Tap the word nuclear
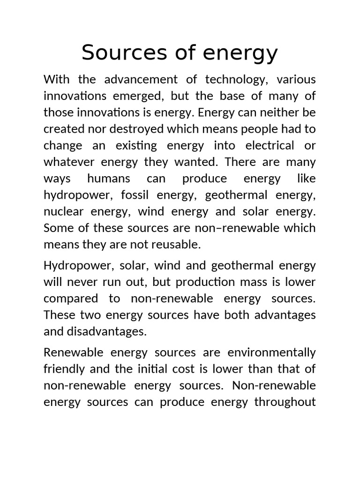pyautogui.click(x=63, y=211)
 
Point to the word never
pyautogui.click(x=83, y=282)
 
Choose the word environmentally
pyautogui.click(x=272, y=352)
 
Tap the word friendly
pyautogui.click(x=64, y=369)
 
